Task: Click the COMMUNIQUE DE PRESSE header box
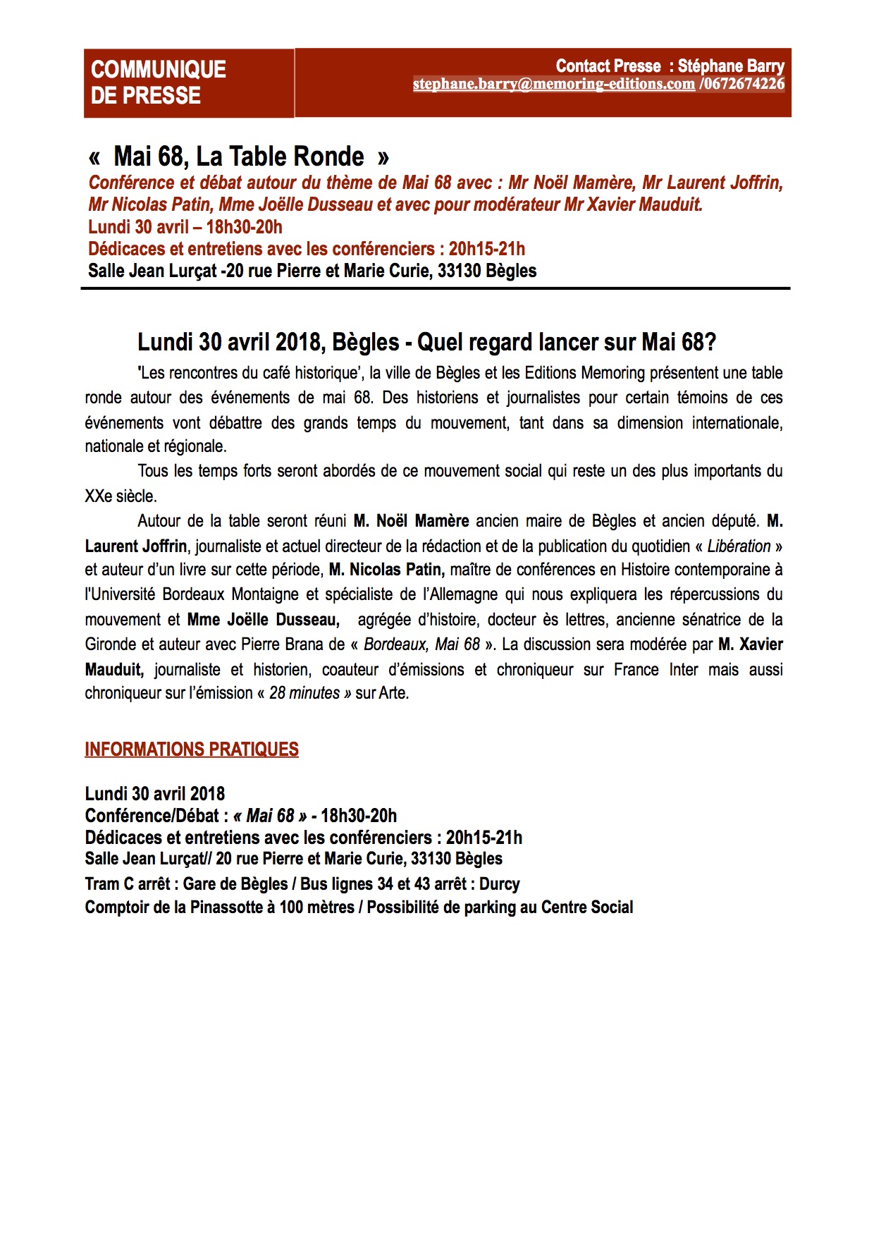188,82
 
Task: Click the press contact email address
553,84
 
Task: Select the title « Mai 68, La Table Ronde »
239,156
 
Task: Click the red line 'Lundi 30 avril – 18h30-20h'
185,227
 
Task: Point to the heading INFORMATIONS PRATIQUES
192,749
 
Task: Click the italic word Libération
739,546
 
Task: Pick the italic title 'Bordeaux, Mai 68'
421,644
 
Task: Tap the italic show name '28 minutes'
304,693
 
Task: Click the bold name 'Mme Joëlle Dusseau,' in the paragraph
263,620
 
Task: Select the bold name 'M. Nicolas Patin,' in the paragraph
386,570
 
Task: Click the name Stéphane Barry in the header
731,66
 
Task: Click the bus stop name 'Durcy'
499,884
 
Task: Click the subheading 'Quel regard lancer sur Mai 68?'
567,342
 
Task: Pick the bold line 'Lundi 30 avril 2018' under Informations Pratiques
155,794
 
